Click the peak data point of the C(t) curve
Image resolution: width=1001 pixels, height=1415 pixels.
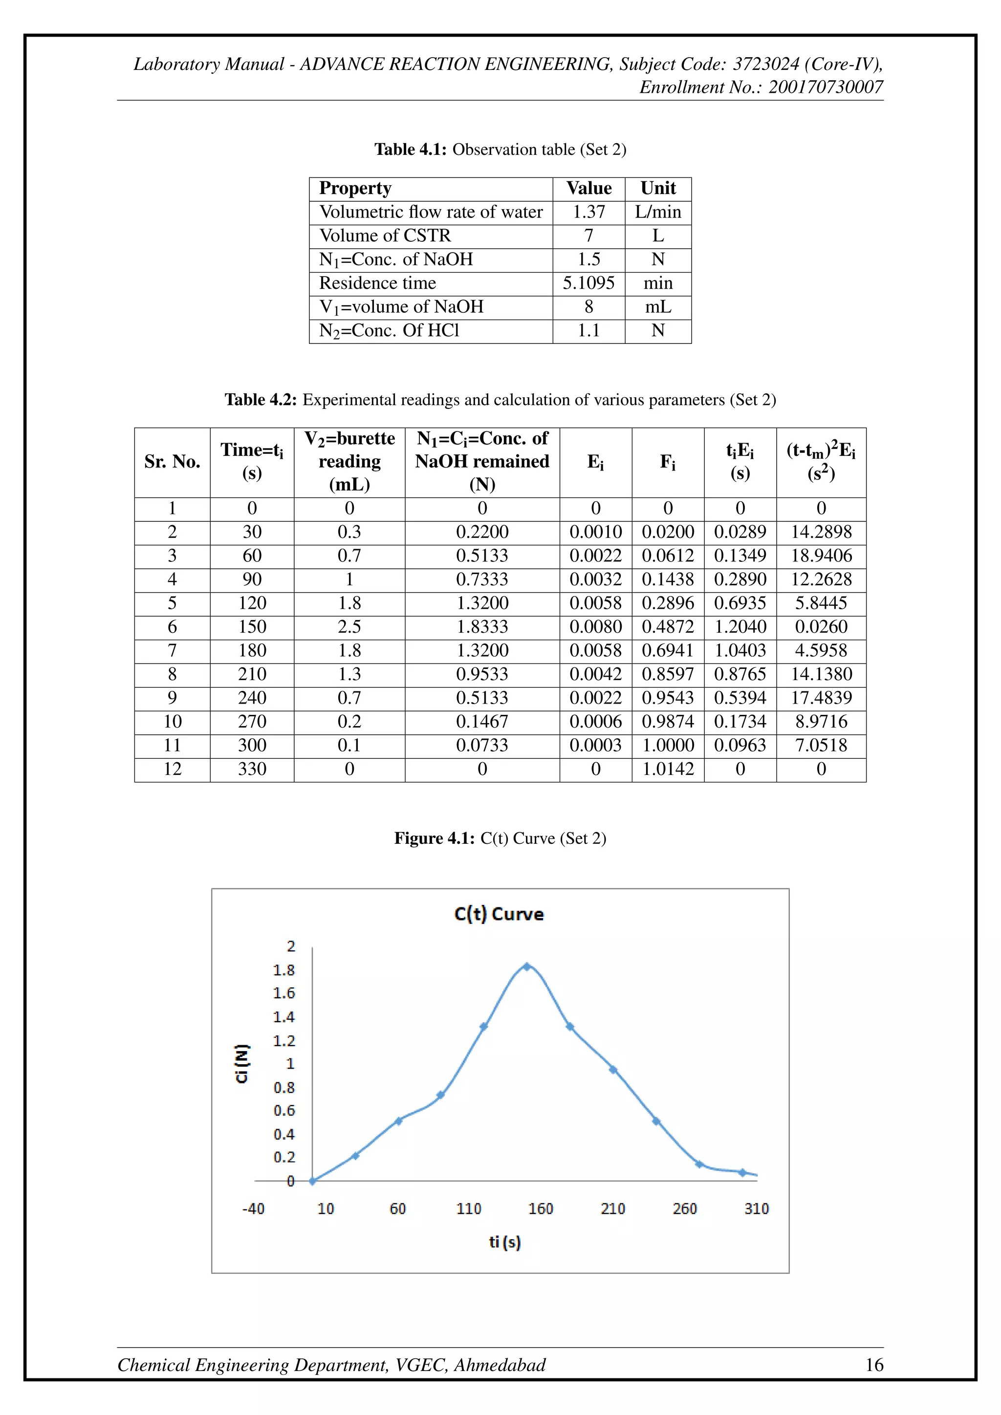coord(527,966)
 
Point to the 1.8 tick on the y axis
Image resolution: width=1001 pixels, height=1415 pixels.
coord(284,970)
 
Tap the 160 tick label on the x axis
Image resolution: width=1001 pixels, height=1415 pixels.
coord(541,1208)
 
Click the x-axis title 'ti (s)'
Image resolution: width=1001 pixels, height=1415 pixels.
coord(505,1242)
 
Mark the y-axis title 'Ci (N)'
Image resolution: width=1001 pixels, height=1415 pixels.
coord(242,1063)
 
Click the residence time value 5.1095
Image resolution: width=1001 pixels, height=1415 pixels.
coord(588,283)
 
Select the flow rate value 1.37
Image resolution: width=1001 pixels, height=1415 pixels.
coord(588,212)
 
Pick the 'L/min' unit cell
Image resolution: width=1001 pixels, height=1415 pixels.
coord(658,212)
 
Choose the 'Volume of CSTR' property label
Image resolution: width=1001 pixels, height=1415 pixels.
coord(385,236)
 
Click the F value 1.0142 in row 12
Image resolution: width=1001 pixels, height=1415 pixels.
coord(668,769)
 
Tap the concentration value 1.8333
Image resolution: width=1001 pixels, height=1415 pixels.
coord(482,627)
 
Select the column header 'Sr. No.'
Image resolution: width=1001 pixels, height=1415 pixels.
coord(172,462)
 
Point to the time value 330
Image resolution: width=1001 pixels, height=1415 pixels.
coord(252,769)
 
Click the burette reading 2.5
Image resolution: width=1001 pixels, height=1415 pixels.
coord(349,627)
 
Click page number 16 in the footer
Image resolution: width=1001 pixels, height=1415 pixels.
coord(874,1365)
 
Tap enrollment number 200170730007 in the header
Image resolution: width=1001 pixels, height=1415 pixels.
coord(826,87)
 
